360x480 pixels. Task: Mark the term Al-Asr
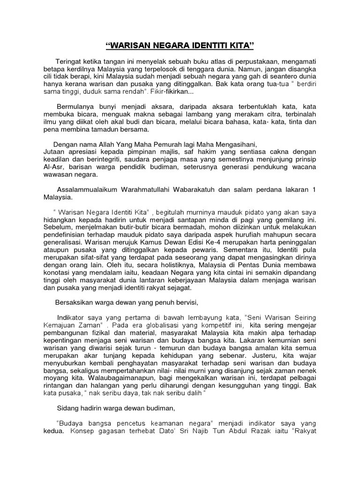coord(52,167)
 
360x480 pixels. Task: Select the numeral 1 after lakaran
coord(315,189)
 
